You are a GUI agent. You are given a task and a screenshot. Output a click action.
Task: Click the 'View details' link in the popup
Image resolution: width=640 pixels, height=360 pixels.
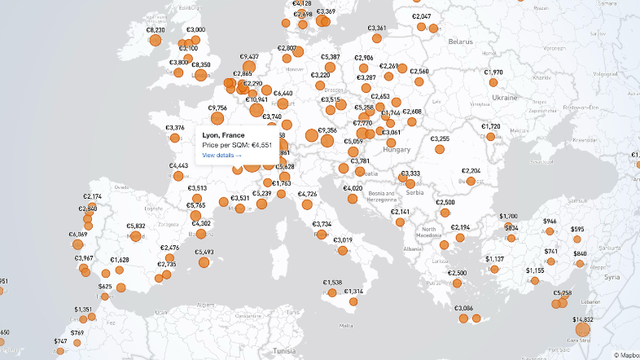[221, 155]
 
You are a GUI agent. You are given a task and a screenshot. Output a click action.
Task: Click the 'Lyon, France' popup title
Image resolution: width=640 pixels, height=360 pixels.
[223, 134]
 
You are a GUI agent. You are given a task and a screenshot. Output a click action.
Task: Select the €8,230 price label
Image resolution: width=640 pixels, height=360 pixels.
[156, 30]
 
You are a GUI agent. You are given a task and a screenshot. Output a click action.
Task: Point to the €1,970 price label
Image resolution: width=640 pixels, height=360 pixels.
[493, 72]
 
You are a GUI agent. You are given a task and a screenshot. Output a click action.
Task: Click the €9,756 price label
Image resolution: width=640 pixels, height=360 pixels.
[217, 108]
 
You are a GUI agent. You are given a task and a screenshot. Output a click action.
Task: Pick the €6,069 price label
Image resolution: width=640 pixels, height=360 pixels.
[77, 234]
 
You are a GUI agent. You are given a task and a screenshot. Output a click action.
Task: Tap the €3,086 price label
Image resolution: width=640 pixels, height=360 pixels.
[463, 308]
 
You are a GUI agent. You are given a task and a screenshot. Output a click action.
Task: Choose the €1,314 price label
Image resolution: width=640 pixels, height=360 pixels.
[353, 291]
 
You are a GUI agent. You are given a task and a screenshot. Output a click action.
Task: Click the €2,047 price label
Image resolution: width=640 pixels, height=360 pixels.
[422, 16]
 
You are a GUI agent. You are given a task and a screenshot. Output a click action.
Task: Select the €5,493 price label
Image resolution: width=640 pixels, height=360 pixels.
[204, 252]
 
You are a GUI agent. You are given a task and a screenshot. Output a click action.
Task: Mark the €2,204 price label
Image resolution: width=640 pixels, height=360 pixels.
[471, 171]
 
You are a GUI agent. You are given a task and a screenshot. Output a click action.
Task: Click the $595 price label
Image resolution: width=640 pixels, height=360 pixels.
[577, 230]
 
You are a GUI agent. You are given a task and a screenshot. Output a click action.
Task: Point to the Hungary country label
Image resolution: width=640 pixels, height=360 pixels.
[397, 150]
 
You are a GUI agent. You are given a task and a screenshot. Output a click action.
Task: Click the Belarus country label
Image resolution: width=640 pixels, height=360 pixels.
[461, 41]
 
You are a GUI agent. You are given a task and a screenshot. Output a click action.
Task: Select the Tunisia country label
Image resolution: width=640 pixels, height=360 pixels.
[284, 350]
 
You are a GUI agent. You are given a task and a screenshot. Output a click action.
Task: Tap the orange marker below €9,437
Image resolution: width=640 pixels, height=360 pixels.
[249, 68]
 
